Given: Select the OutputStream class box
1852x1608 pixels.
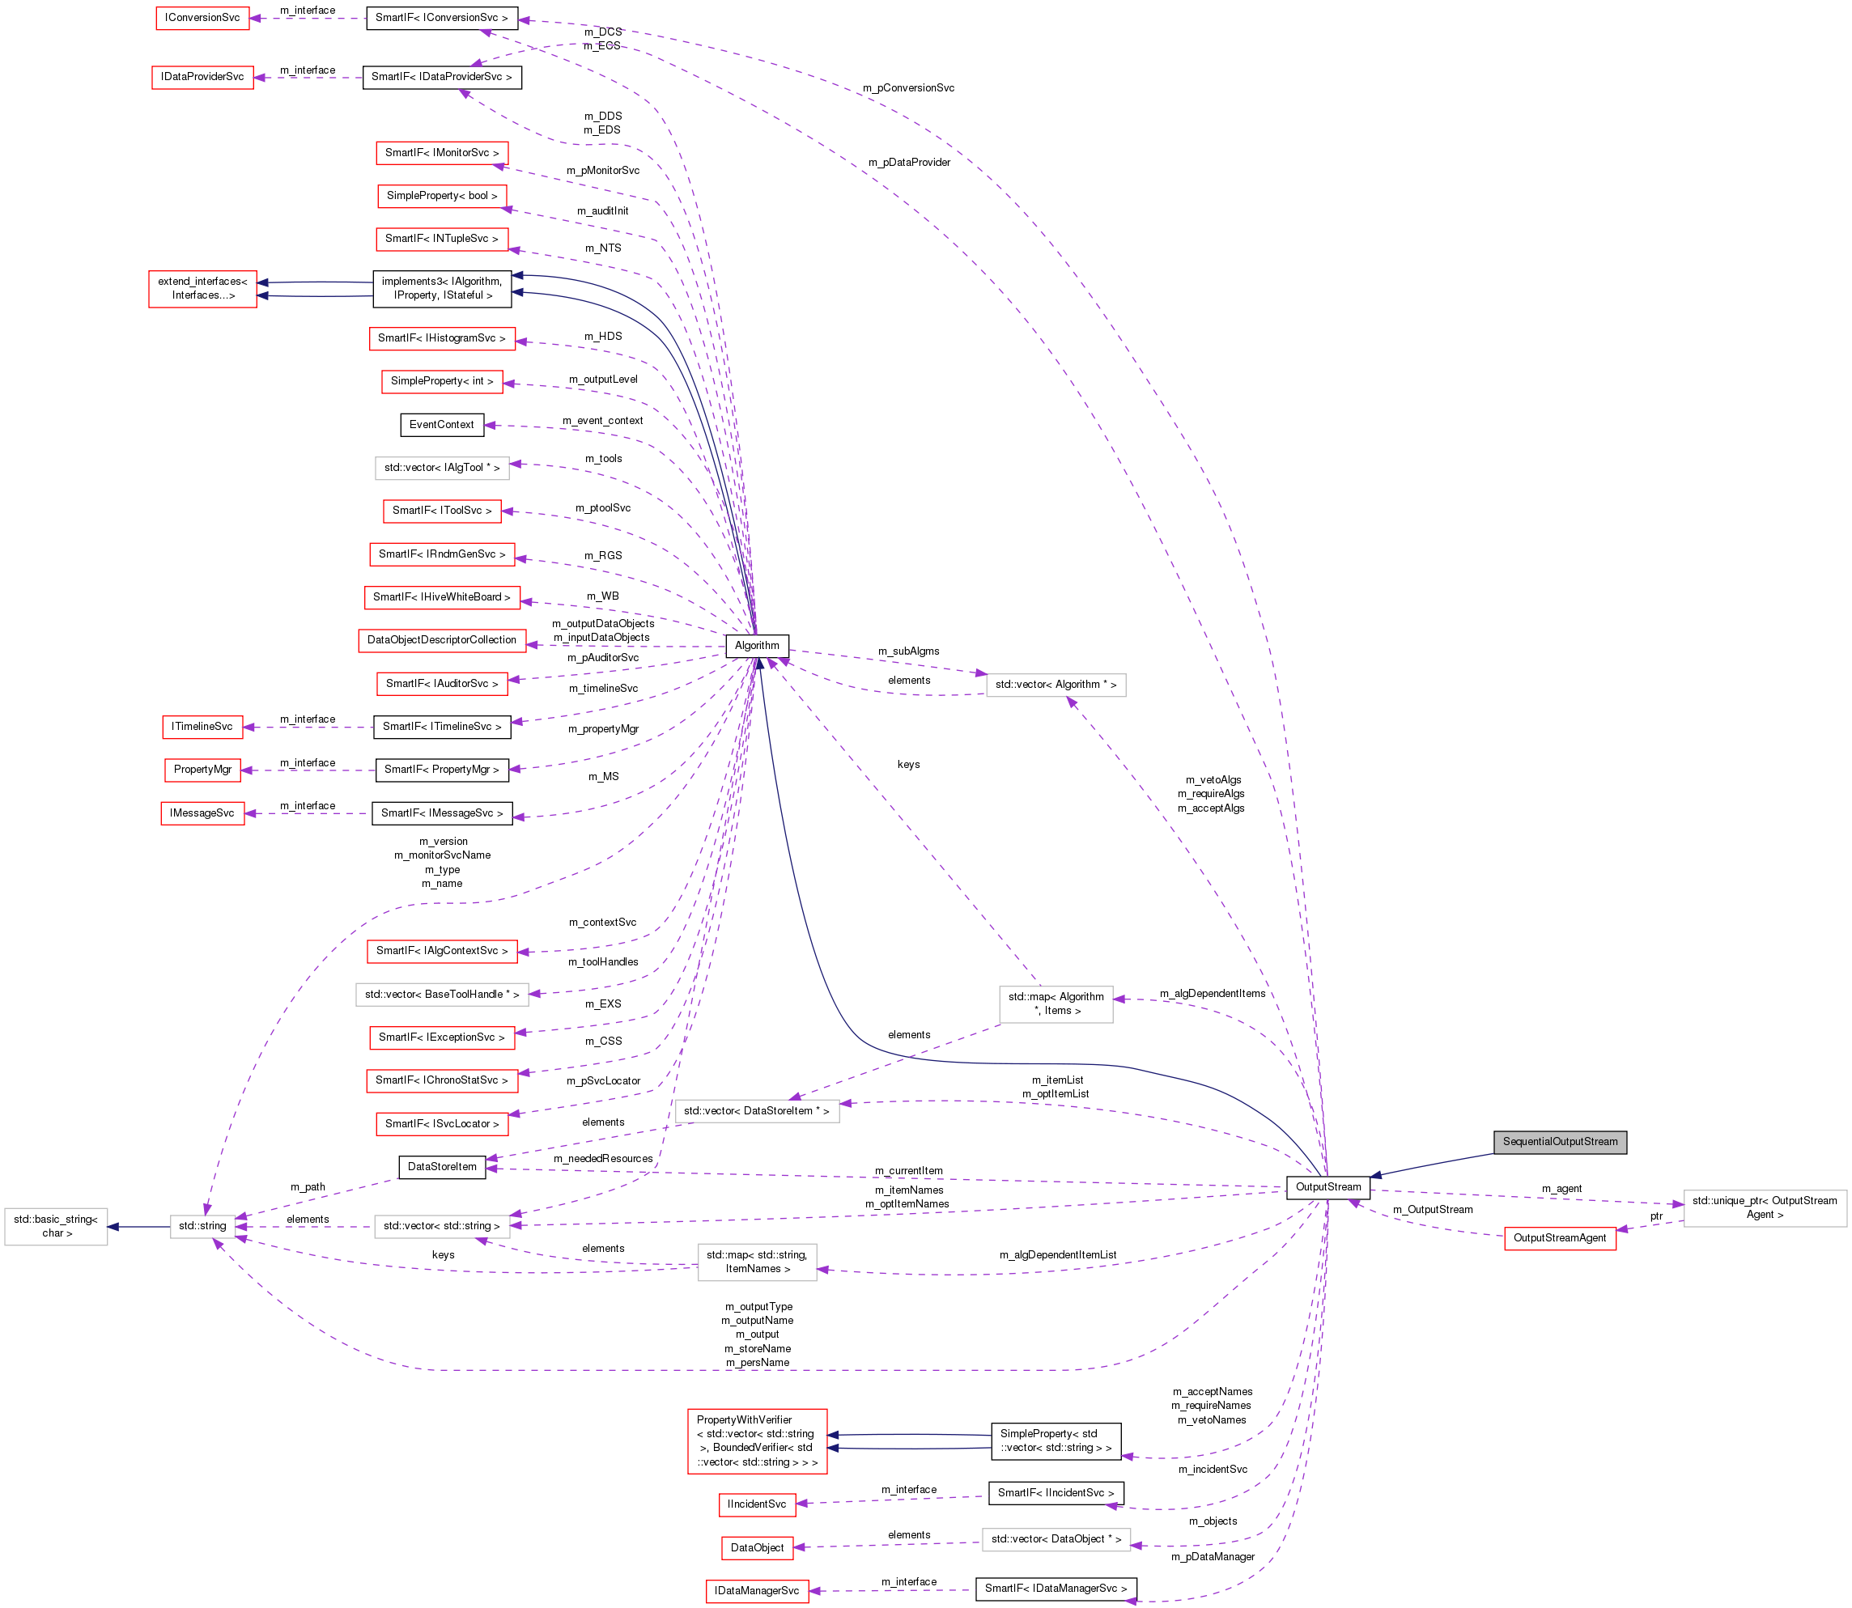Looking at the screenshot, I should click(x=1327, y=1186).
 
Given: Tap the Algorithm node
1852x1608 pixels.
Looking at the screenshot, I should click(x=756, y=645).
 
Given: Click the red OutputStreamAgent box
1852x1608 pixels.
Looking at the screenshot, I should click(x=1560, y=1237).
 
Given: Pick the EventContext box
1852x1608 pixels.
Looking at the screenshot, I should click(x=441, y=424).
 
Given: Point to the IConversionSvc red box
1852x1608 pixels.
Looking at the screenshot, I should click(x=202, y=18).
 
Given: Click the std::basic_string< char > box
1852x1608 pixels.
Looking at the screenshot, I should click(x=56, y=1226).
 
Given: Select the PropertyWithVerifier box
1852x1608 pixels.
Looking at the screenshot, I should click(x=756, y=1440).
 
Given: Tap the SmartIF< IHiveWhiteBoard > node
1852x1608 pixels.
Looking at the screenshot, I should click(x=441, y=596).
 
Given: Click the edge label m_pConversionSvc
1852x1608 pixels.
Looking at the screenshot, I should click(x=908, y=88).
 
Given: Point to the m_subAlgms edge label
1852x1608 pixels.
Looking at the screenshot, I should click(x=908, y=651).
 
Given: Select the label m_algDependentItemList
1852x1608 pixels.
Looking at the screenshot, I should click(x=1057, y=1254).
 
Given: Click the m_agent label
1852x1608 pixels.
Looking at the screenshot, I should click(x=1561, y=1188).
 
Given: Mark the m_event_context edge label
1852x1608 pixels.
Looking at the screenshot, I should click(x=602, y=420).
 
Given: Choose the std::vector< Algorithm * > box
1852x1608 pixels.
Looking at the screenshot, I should click(x=1056, y=685).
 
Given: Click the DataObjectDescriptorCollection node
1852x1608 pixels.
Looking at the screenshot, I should click(x=441, y=640).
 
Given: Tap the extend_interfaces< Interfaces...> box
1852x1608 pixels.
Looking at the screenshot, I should click(x=202, y=288).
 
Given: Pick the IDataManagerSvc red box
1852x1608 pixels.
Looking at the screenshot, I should click(x=756, y=1591).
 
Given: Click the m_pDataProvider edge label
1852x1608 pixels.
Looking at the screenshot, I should click(x=908, y=163).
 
